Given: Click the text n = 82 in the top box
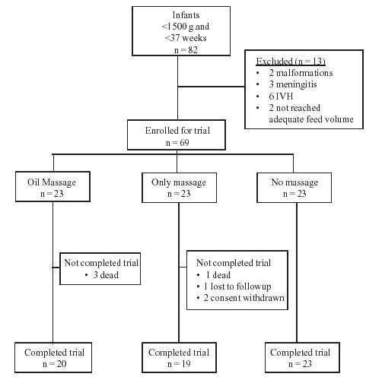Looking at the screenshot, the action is click(x=186, y=50).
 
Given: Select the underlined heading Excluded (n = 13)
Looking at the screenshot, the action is click(x=291, y=62).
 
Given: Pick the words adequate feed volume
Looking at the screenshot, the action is click(x=311, y=119).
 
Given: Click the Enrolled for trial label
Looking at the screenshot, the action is click(x=177, y=131).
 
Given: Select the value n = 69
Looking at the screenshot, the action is click(x=177, y=143).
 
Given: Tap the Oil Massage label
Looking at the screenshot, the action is click(x=52, y=182).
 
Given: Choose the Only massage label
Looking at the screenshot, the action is click(x=179, y=182).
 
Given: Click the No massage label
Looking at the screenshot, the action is click(x=294, y=182).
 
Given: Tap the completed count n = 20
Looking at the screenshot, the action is click(x=55, y=364).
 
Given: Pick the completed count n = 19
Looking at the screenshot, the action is click(x=179, y=364).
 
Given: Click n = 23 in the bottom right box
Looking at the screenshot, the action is click(x=300, y=364).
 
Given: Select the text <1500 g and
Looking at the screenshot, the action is click(x=186, y=27).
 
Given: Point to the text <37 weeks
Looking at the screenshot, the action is click(x=186, y=38).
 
